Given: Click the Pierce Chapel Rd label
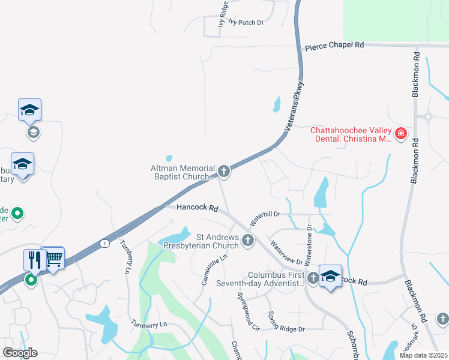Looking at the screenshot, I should [x=334, y=46].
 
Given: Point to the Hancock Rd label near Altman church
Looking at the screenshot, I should [x=197, y=208].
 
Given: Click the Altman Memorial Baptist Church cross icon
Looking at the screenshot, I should [x=223, y=172].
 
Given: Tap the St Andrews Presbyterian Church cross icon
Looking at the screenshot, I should [x=247, y=241].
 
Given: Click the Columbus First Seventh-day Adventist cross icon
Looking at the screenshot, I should [x=313, y=278].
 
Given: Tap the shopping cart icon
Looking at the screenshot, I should [x=53, y=258].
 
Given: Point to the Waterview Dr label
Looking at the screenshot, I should [x=286, y=252].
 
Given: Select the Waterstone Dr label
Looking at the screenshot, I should [x=310, y=245].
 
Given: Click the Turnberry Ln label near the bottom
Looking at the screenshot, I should [x=150, y=324].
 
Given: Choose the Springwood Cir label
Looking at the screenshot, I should [x=247, y=312].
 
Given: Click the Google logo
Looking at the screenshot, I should [x=20, y=353].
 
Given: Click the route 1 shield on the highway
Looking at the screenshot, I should [x=106, y=243].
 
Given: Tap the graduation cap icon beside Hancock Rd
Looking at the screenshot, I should [x=330, y=276].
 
